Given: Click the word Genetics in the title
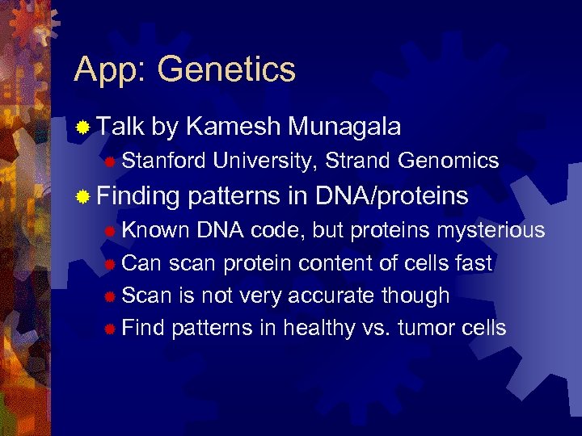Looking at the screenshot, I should [227, 69].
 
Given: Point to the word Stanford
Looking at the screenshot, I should [164, 161].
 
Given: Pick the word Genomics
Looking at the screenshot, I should [449, 161].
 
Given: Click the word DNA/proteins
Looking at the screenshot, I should [392, 196].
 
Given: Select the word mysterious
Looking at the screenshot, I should [491, 231].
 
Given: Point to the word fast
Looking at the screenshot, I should [472, 263].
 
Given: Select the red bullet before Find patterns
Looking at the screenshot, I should [109, 329].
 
